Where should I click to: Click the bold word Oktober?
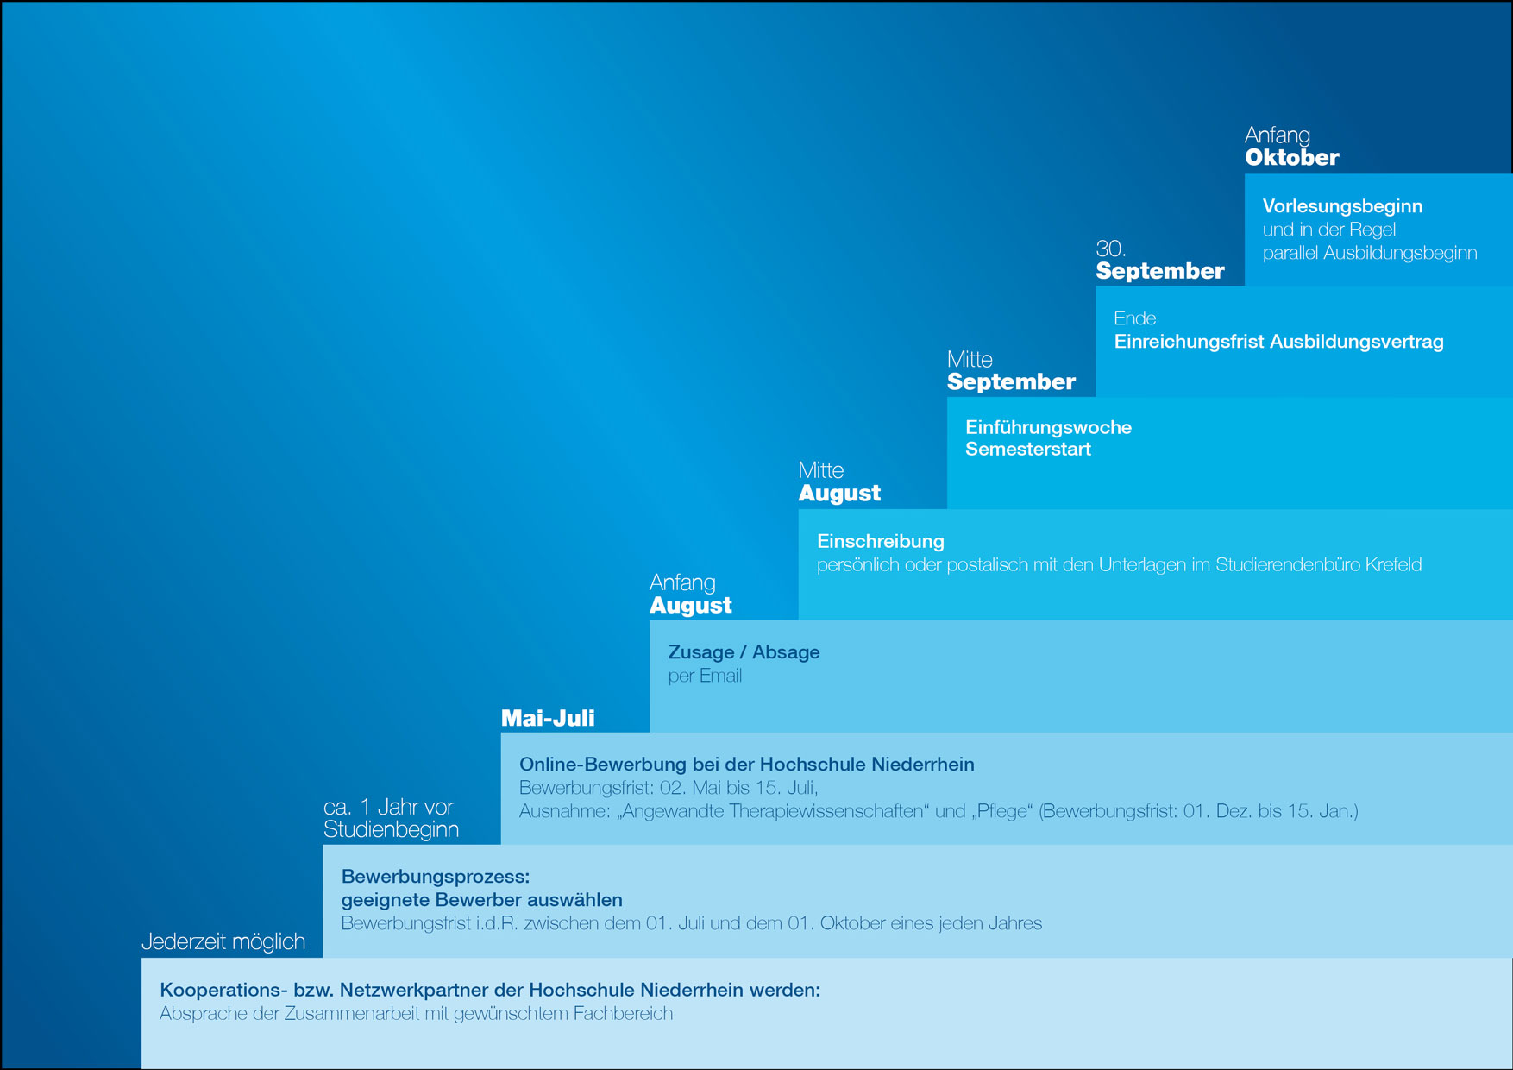click(1291, 157)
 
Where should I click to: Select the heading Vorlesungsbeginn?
click(1342, 206)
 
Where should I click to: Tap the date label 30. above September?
click(1111, 249)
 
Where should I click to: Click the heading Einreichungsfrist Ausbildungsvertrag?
click(1278, 342)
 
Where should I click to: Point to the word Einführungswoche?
click(1048, 427)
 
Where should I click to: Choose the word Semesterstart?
click(1028, 449)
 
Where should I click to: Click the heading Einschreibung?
click(881, 541)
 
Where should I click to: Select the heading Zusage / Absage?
click(744, 652)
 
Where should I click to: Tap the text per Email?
click(705, 676)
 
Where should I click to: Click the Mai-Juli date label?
click(548, 718)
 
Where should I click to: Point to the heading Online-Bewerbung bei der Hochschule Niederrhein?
click(747, 765)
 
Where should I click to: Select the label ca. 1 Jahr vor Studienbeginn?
click(391, 818)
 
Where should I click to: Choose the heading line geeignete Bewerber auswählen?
click(481, 900)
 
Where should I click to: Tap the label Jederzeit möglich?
click(223, 941)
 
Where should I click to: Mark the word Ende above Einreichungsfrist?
click(1135, 318)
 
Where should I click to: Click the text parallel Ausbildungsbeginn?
click(1370, 253)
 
